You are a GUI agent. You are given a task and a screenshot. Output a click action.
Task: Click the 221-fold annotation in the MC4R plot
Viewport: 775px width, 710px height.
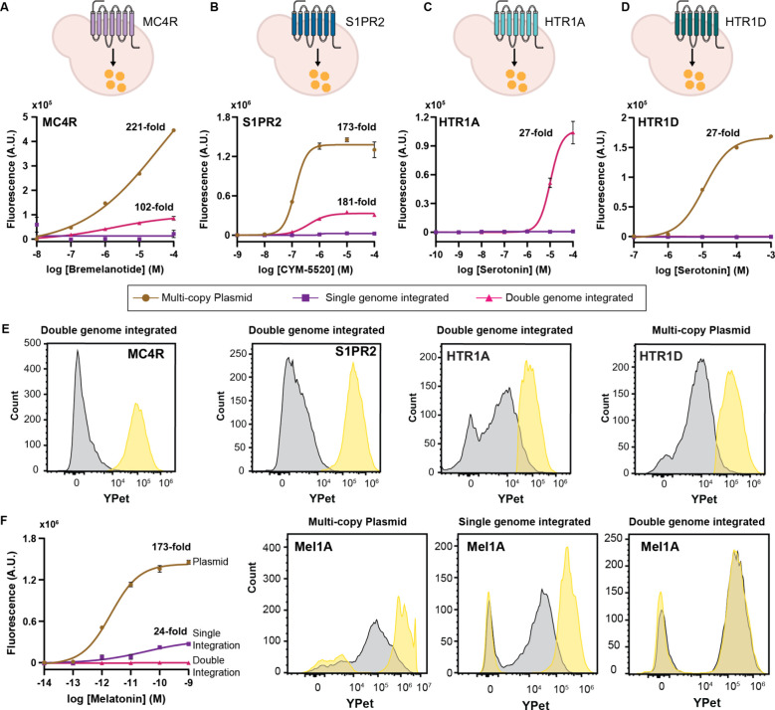click(x=145, y=127)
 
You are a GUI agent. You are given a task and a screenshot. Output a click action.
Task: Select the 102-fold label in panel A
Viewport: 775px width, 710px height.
click(x=154, y=207)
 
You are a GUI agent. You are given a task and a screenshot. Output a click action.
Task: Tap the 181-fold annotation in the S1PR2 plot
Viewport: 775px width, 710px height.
click(x=356, y=202)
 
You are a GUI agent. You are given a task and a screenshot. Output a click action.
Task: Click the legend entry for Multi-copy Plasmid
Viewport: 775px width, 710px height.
click(x=192, y=298)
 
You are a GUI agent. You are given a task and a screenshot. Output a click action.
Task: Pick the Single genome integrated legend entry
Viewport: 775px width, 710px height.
click(x=371, y=298)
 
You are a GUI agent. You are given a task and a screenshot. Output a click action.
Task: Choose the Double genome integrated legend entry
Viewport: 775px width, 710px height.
click(x=554, y=298)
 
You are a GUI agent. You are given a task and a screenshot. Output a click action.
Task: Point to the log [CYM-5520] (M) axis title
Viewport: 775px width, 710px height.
click(x=305, y=269)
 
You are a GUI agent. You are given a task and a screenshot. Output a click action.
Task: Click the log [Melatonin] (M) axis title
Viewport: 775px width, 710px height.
click(x=115, y=699)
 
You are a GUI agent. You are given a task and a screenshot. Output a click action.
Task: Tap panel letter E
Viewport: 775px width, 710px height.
click(x=5, y=329)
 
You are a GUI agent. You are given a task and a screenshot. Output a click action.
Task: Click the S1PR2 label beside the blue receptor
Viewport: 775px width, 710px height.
click(x=365, y=22)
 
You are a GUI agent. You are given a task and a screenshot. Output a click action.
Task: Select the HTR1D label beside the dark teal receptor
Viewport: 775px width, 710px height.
click(x=746, y=22)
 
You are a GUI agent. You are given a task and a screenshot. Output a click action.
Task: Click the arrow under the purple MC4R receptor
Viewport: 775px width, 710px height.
click(x=113, y=58)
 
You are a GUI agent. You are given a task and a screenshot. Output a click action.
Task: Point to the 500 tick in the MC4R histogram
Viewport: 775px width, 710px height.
click(x=32, y=343)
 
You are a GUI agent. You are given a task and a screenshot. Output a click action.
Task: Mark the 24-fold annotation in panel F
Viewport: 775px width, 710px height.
click(x=170, y=631)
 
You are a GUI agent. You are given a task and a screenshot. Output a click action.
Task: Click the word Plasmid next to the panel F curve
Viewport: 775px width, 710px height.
click(x=211, y=562)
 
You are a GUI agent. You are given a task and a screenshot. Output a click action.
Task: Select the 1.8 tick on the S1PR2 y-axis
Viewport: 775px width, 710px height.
click(x=225, y=117)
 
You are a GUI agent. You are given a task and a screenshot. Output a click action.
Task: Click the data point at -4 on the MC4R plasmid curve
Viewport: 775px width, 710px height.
click(x=173, y=130)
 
